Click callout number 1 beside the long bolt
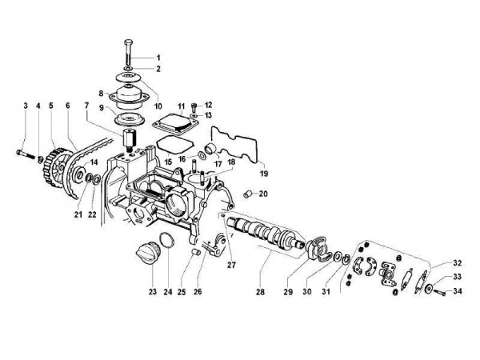pos(158,57)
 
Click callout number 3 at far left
pos(26,106)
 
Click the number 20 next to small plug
pos(263,194)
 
